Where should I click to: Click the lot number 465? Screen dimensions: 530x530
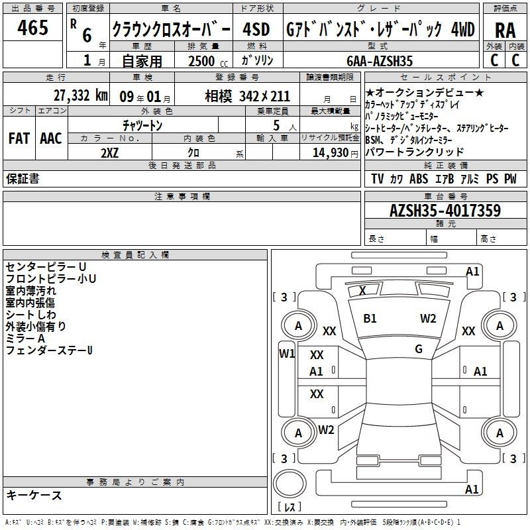[32, 27]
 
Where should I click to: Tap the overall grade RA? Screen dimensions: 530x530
[505, 30]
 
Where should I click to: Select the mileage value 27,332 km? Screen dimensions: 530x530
[80, 95]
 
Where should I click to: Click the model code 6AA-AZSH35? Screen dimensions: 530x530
[380, 61]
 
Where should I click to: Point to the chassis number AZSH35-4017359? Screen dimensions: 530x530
[445, 210]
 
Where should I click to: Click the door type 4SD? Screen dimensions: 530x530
[256, 29]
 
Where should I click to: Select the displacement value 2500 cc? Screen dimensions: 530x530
[208, 61]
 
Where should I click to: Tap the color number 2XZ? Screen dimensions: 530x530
[110, 153]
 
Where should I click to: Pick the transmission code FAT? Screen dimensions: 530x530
[19, 138]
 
